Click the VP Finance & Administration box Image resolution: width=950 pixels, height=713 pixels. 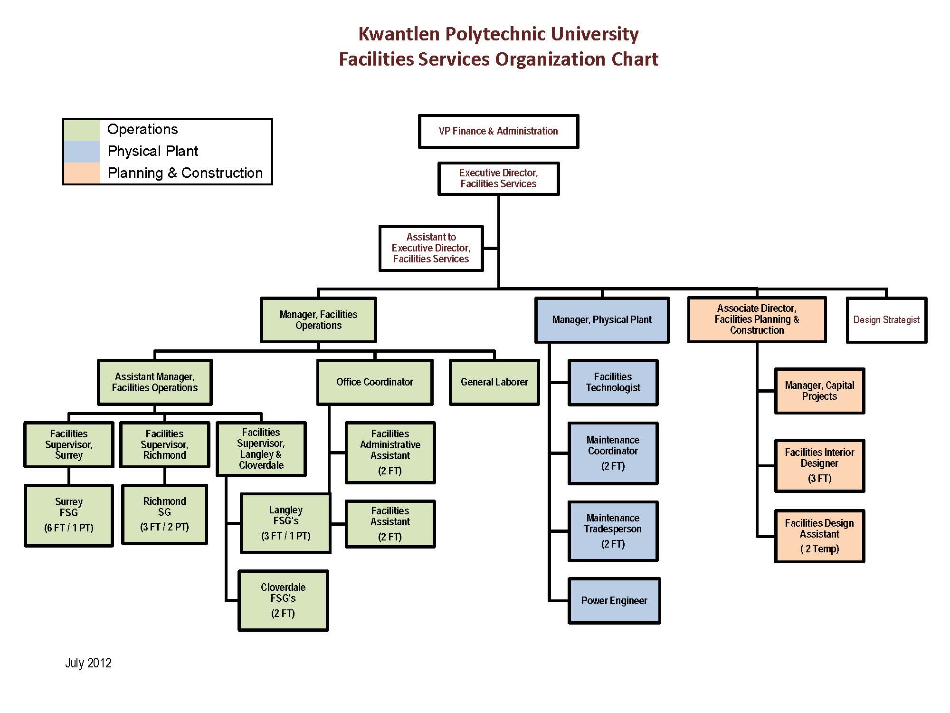point(498,131)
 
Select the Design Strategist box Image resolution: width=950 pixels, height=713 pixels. point(886,320)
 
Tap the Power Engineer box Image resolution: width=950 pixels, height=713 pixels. point(614,601)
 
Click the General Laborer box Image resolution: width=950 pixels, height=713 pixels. point(494,382)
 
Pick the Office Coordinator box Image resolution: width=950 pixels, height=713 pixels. point(374,382)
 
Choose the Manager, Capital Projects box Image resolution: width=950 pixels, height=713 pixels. point(819,391)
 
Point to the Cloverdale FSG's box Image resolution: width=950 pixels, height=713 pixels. point(283,600)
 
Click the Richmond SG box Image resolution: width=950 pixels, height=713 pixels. point(164,514)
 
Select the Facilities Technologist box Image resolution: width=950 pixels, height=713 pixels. point(613,382)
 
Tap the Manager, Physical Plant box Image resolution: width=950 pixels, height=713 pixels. point(602,320)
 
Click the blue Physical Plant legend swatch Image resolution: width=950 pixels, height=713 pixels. point(82,152)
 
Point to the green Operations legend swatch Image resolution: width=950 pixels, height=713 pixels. point(82,130)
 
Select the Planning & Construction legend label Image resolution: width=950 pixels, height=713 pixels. point(185,173)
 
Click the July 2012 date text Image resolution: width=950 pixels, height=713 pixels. point(88,663)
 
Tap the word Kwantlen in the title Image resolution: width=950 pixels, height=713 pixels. point(399,34)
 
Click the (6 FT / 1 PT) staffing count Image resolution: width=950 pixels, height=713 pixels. point(69,528)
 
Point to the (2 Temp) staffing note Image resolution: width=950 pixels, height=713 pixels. point(819,549)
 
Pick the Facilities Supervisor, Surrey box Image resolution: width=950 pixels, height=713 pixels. point(69,444)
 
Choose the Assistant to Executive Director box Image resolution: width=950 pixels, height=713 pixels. point(431,248)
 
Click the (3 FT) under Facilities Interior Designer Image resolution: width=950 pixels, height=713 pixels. point(819,479)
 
